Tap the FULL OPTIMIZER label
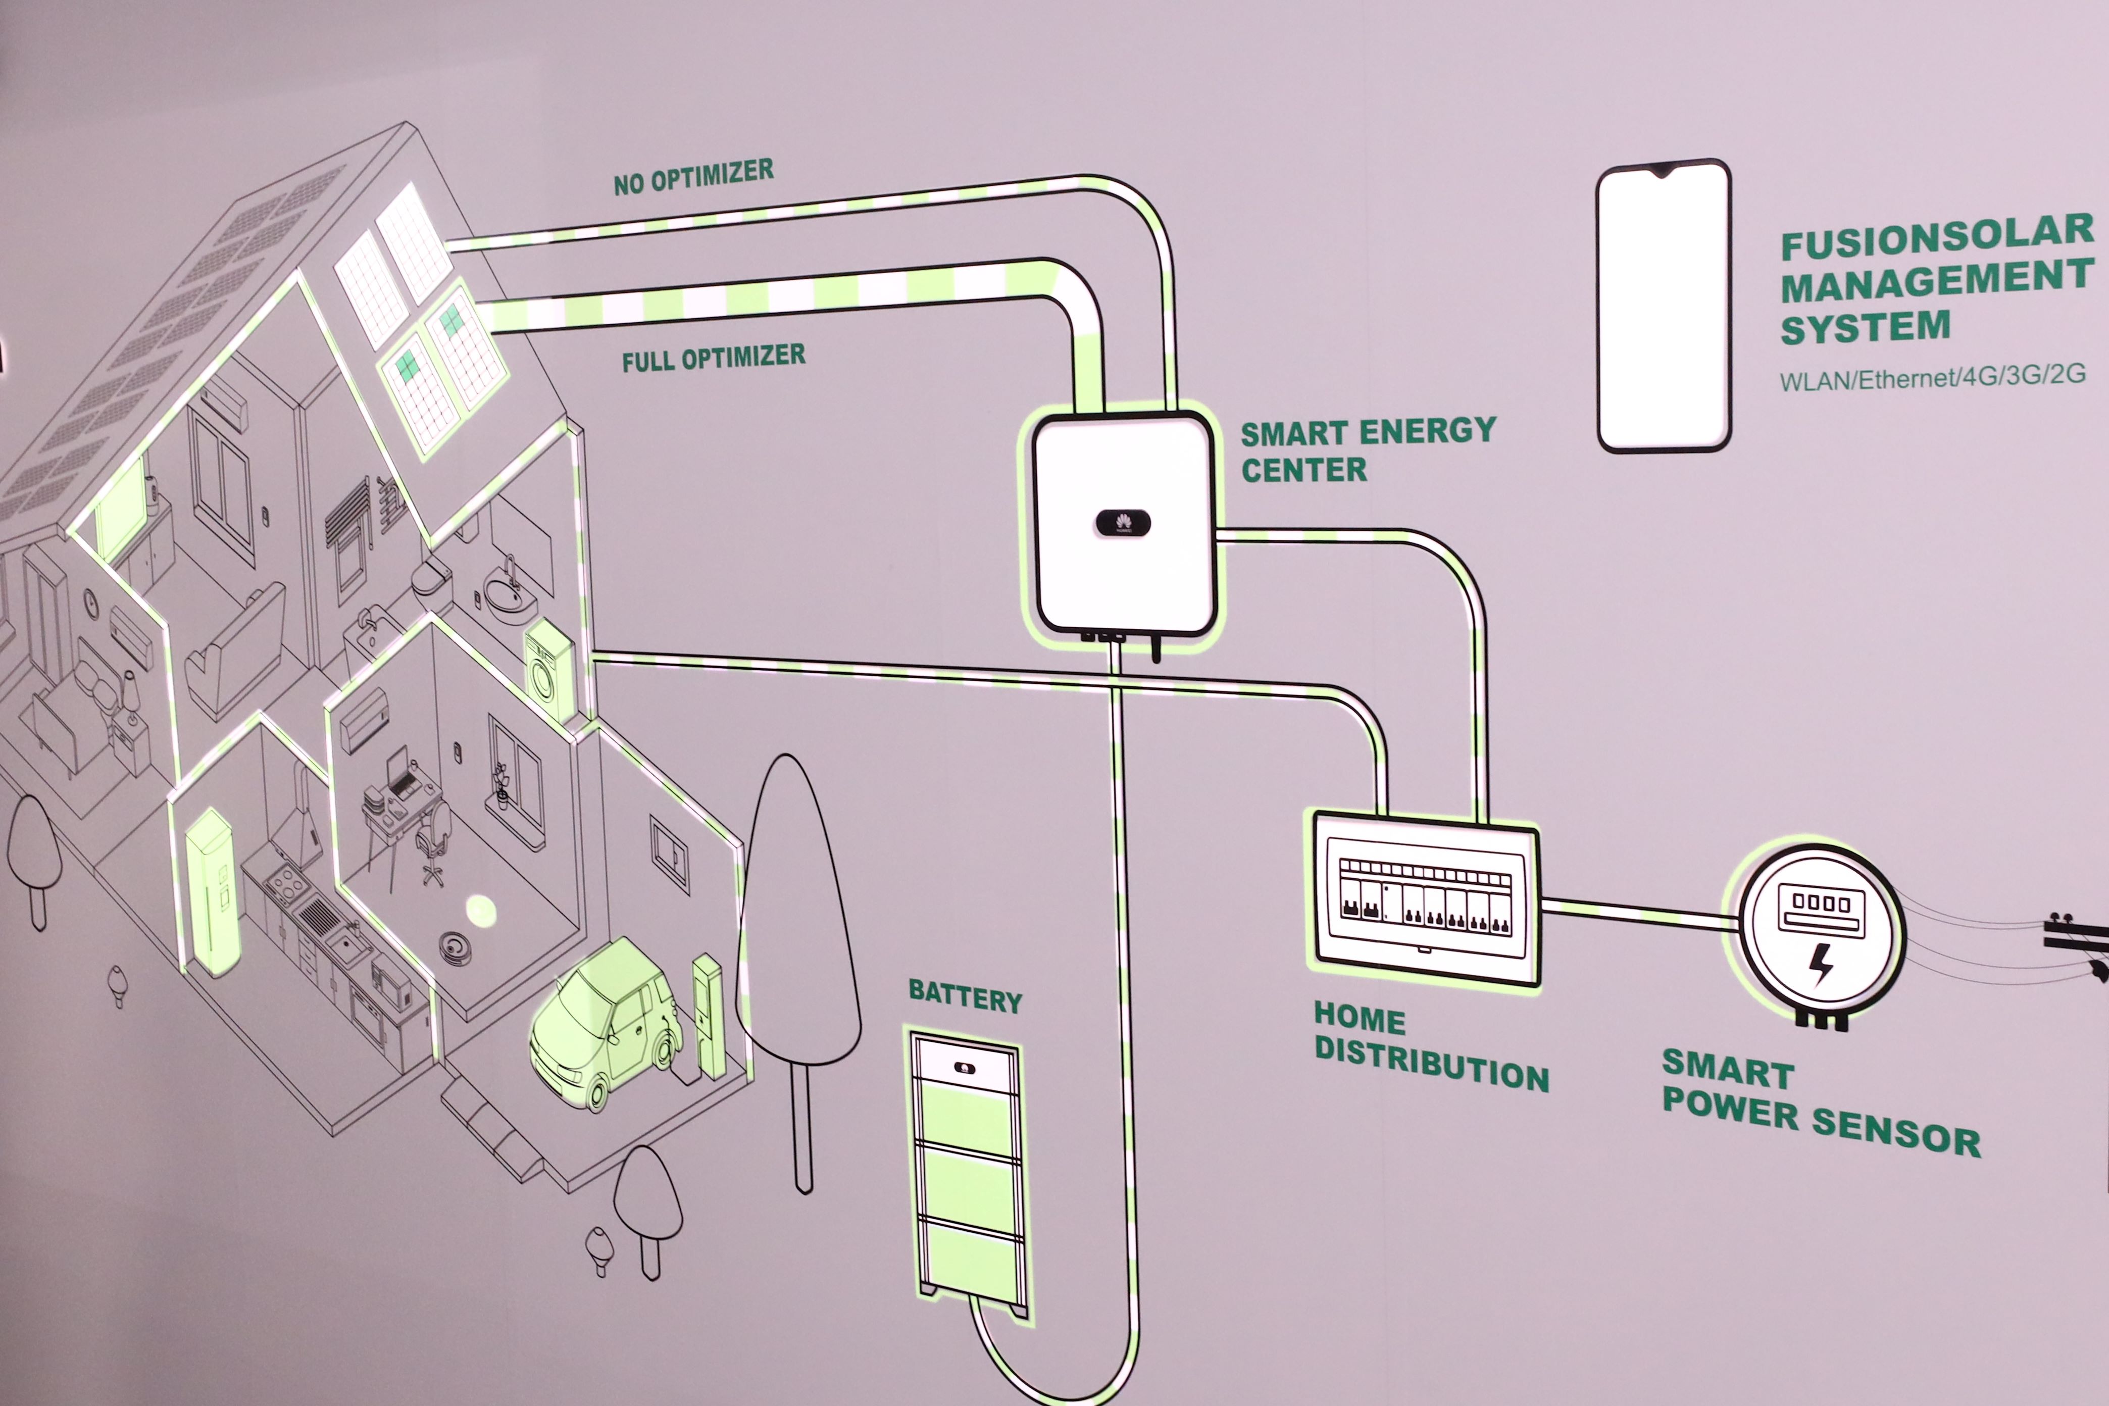click(714, 358)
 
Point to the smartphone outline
click(1664, 306)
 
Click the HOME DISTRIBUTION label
click(1430, 1047)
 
